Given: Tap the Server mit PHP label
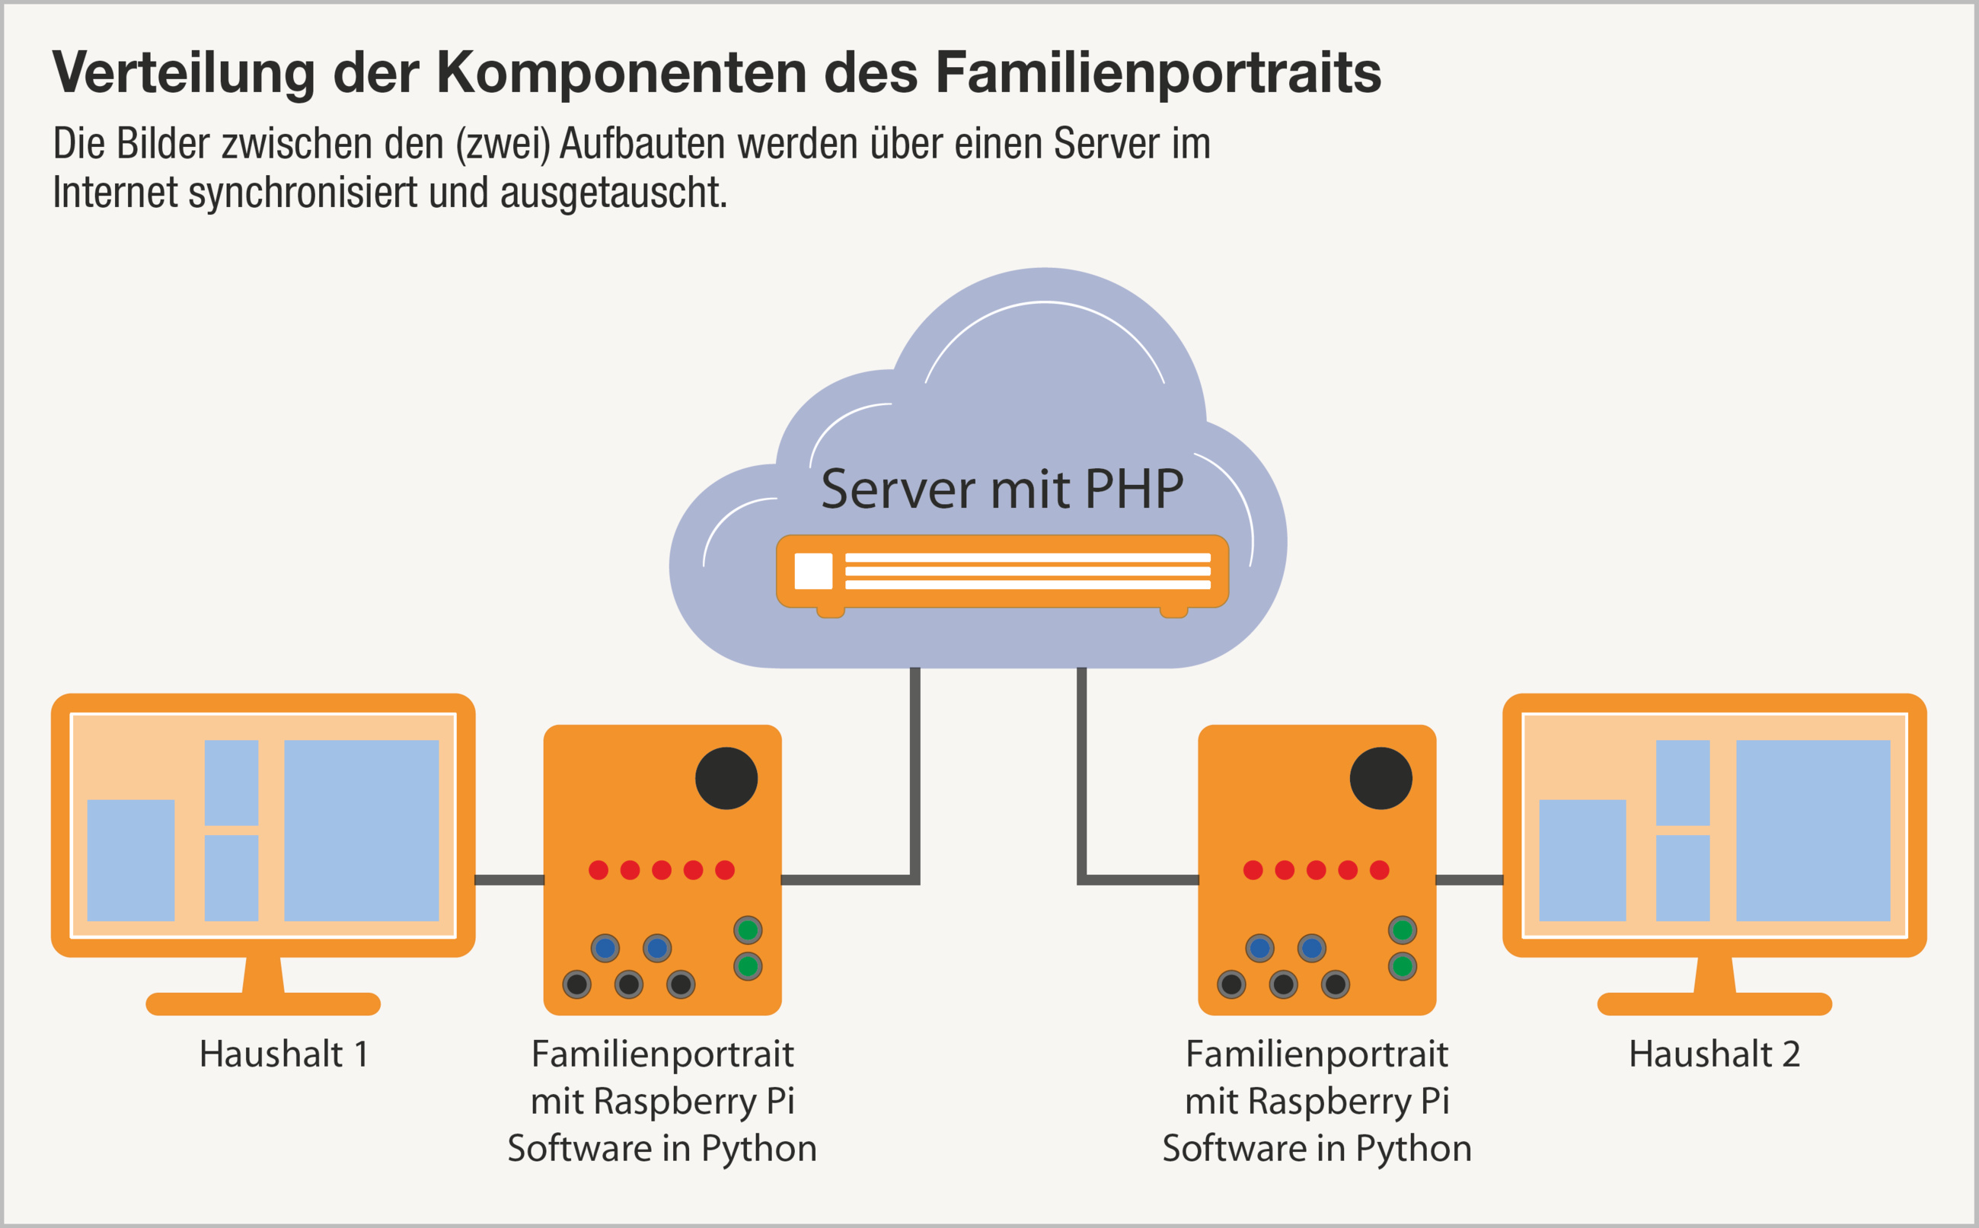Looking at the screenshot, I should click(1002, 490).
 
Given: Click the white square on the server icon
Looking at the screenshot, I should click(813, 570).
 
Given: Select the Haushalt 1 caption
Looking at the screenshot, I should click(284, 1054).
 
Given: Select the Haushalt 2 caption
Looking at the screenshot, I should click(1714, 1054).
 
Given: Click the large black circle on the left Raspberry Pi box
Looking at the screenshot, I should click(726, 778).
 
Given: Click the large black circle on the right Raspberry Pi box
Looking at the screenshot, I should click(1381, 778).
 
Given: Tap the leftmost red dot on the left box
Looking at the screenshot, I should click(598, 870).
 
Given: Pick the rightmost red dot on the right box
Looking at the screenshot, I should click(1379, 870).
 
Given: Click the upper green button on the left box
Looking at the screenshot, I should click(747, 930).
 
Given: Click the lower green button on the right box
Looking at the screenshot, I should click(1403, 966).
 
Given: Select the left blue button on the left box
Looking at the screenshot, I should click(605, 948).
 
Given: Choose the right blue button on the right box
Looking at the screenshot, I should click(1311, 948).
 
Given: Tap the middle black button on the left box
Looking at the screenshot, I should click(628, 984).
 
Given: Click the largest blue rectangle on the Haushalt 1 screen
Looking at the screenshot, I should click(362, 830).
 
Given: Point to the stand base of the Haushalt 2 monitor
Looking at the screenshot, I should click(1714, 1004).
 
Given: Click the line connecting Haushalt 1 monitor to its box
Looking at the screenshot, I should click(509, 879).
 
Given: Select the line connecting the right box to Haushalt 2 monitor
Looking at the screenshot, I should click(1469, 879).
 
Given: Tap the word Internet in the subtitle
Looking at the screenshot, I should click(114, 193).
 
